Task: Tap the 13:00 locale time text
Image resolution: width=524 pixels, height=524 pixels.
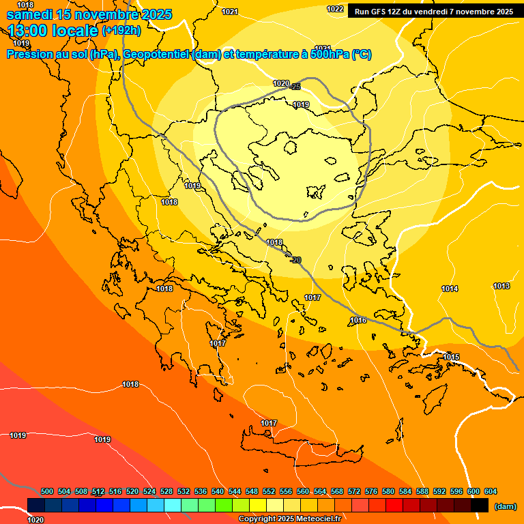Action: tap(53, 31)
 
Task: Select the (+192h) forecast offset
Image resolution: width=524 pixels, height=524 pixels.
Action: tap(121, 31)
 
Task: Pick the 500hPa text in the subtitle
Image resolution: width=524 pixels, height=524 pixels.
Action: tap(330, 55)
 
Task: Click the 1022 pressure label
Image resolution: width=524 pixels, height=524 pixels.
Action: tap(335, 9)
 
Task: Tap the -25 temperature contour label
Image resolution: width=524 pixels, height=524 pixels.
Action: tap(295, 87)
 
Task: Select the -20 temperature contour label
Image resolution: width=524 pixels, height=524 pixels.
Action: tap(295, 260)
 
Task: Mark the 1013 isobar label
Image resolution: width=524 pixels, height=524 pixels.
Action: tap(501, 286)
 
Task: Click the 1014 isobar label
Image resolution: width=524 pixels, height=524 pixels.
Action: tap(449, 289)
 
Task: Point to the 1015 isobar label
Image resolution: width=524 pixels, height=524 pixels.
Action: tap(451, 358)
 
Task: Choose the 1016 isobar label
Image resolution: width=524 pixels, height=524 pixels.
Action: tap(358, 321)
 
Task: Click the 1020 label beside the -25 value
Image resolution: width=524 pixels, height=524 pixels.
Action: tap(280, 83)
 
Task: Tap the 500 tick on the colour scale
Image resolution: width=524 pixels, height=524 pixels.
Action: tap(47, 491)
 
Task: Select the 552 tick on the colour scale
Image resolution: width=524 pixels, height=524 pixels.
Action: tap(269, 491)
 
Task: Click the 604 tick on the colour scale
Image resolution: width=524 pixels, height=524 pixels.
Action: tap(490, 491)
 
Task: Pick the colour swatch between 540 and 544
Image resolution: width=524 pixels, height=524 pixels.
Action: tap(224, 505)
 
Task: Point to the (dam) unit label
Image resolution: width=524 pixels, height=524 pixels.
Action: tap(505, 506)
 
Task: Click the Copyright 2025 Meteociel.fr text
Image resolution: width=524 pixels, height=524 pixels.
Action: tap(289, 519)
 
